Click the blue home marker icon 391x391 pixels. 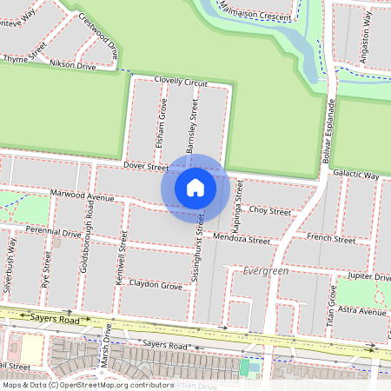pyautogui.click(x=195, y=187)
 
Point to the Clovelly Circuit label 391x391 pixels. pyautogui.click(x=181, y=82)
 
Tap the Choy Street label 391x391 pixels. pyautogui.click(x=269, y=211)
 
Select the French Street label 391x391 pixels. pyautogui.click(x=331, y=240)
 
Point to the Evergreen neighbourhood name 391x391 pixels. pyautogui.click(x=266, y=271)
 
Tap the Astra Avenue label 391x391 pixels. pyautogui.click(x=363, y=310)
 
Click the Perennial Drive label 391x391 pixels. pyautogui.click(x=53, y=233)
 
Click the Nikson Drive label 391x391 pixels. pyautogui.click(x=73, y=65)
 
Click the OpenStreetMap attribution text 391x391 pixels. pyautogui.click(x=89, y=384)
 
